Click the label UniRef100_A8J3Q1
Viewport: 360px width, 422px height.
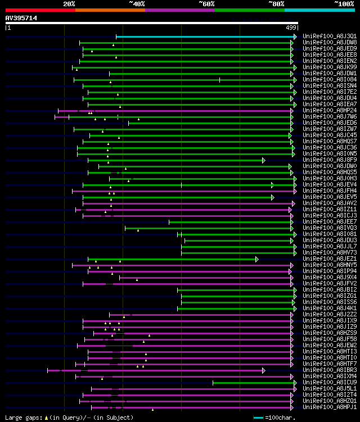pos(329,37)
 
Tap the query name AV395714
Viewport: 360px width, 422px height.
pos(21,18)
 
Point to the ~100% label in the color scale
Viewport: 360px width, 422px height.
pos(344,3)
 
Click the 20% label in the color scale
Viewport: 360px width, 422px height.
pos(69,3)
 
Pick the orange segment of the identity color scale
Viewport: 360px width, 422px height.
pos(110,10)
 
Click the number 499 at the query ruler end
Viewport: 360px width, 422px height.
pos(291,27)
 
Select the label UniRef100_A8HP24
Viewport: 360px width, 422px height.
pos(329,111)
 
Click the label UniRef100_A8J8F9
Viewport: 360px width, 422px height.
pos(329,160)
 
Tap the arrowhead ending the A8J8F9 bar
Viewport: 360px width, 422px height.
pos(263,160)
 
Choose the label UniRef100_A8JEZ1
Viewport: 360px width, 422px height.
pos(329,259)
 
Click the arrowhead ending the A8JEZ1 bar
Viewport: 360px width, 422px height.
pos(256,259)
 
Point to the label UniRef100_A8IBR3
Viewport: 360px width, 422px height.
pos(329,370)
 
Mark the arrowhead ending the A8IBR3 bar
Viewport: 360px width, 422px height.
pos(263,370)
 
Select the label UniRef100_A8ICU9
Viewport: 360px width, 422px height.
pos(329,383)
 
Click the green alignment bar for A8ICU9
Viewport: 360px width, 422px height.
pos(253,383)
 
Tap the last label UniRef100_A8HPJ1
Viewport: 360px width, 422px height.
pos(329,407)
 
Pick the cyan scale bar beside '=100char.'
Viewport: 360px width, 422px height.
pos(258,418)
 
